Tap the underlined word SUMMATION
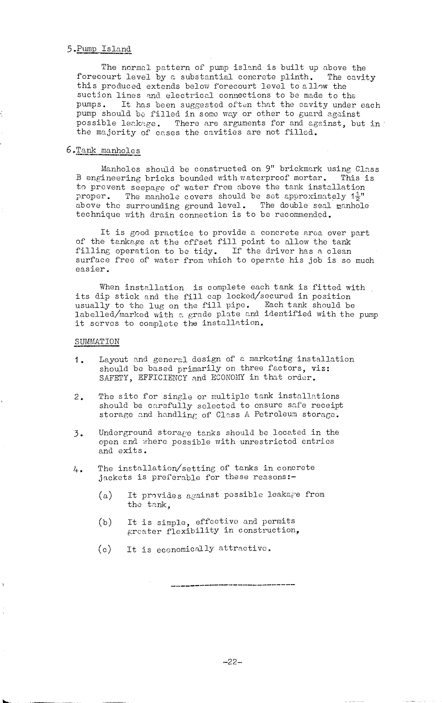97,342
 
